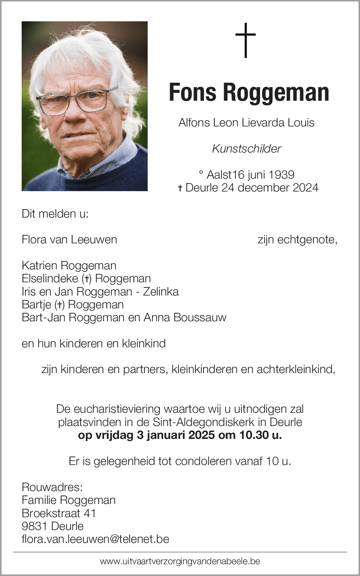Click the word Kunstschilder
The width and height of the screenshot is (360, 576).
click(246, 149)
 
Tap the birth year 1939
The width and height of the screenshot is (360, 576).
click(281, 175)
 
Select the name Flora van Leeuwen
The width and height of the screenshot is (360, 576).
click(69, 240)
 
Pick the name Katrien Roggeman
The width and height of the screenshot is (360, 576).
click(69, 265)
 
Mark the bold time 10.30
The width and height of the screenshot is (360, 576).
click(254, 435)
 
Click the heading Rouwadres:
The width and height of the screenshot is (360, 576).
click(52, 487)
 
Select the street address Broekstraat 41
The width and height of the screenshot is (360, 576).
click(59, 513)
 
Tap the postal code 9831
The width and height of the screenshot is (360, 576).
click(35, 526)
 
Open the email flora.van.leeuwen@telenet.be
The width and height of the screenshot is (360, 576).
click(96, 539)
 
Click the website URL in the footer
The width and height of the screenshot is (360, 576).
click(180, 561)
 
